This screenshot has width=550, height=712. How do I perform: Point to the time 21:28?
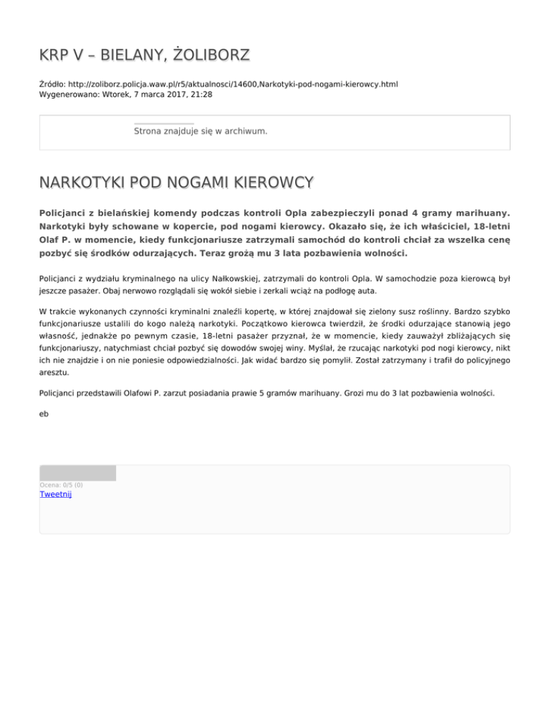(201, 95)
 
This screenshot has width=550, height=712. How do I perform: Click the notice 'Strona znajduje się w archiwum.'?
(201, 131)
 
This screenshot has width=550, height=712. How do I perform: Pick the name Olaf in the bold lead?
(50, 239)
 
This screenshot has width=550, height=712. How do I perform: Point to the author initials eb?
(44, 413)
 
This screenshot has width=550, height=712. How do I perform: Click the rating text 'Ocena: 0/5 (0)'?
(61, 485)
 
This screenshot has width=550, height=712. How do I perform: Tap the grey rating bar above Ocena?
(77, 473)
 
